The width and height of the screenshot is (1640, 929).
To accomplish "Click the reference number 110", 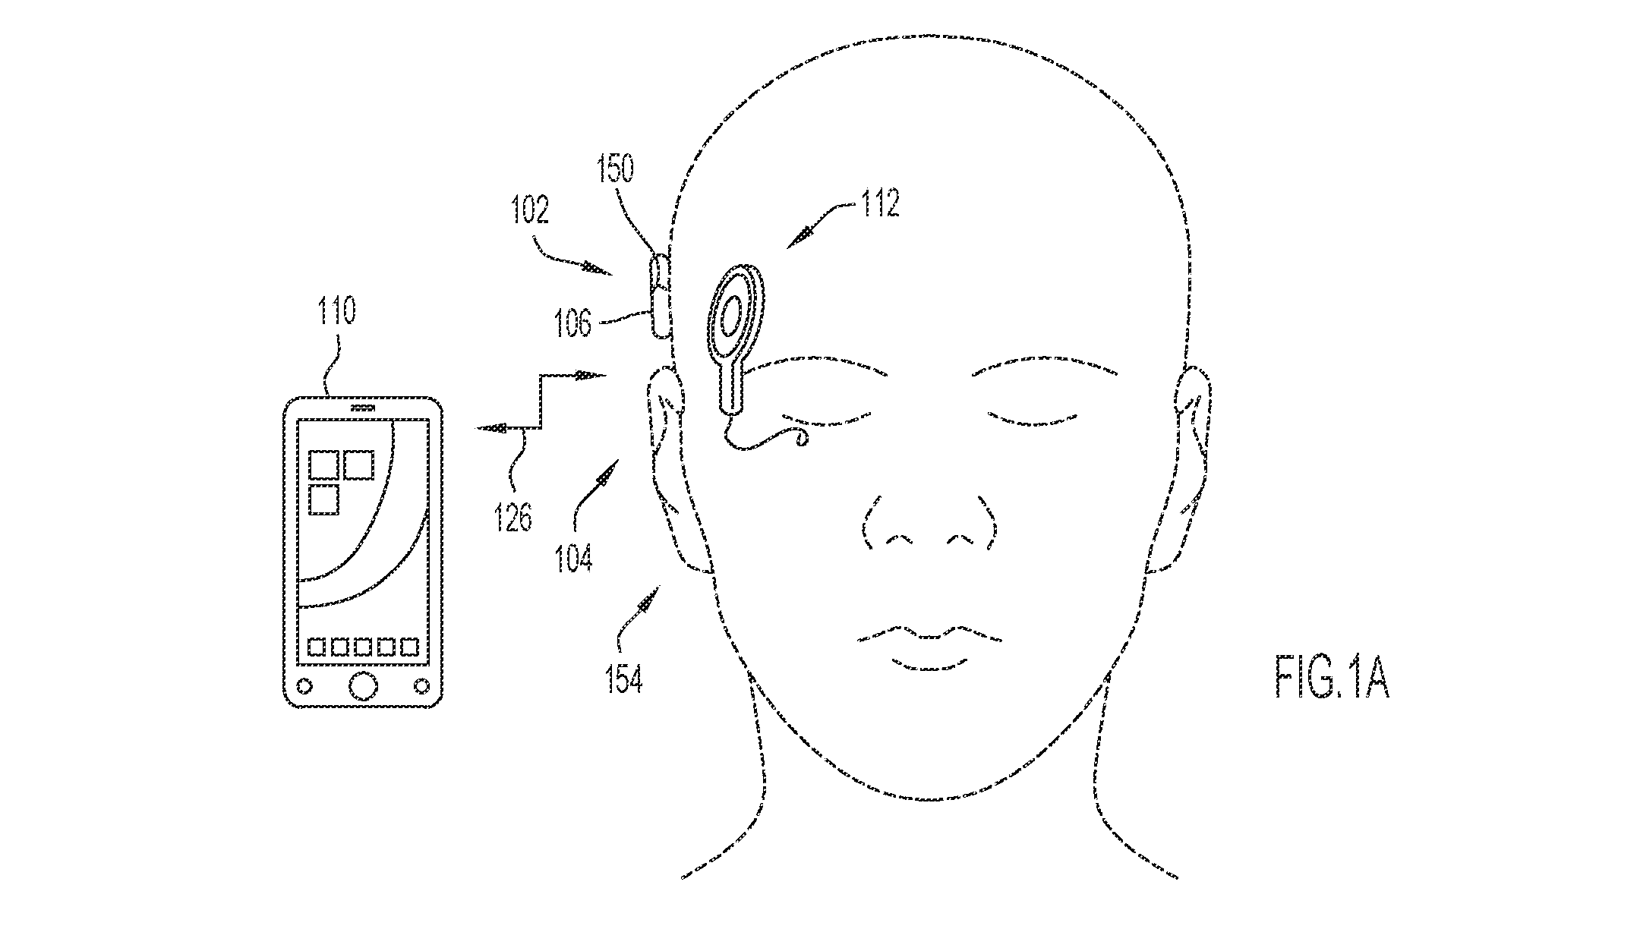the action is tap(338, 311).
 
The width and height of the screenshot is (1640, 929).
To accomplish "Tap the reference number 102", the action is tap(530, 211).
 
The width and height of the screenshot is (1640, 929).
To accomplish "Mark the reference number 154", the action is tap(624, 680).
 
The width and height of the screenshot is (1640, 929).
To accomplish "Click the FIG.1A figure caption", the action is tap(1332, 679).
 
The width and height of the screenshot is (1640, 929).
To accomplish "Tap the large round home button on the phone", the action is tap(363, 685).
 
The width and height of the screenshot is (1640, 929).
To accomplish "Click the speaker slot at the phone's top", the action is tap(363, 408).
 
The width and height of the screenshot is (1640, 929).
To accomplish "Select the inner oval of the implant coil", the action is tap(730, 316).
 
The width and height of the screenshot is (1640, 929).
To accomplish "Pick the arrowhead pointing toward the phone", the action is tap(490, 429).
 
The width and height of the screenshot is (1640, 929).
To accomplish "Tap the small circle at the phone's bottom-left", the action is tap(304, 686).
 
